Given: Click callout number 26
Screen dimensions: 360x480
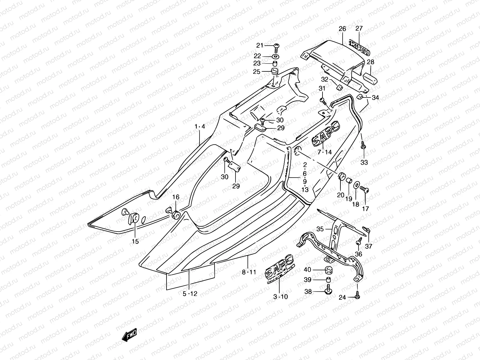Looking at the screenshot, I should (x=342, y=29).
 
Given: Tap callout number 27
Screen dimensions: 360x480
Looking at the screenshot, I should (x=359, y=28).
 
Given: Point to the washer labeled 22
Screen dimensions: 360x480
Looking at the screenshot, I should (x=275, y=56).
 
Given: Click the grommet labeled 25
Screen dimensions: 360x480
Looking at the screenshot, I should (x=275, y=72).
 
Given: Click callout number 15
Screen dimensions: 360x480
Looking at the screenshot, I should (x=135, y=241).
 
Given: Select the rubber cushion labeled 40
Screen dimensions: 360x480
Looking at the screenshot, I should (x=328, y=270).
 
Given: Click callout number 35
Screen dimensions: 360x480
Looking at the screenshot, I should (x=320, y=229).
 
